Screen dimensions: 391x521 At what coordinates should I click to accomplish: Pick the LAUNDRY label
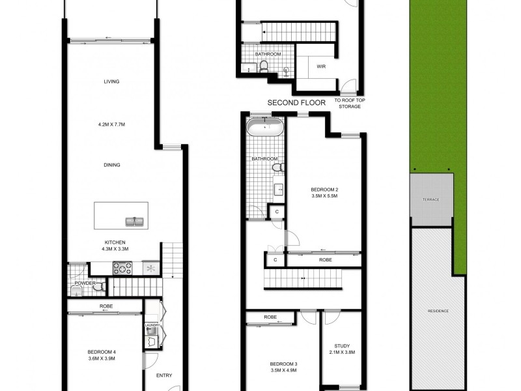point(152,324)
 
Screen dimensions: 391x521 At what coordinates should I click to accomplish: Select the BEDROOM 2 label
point(324,190)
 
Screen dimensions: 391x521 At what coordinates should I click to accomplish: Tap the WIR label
point(321,66)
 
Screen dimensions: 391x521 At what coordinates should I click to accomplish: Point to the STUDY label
point(342,346)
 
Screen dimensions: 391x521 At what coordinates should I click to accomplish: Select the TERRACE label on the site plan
point(430,199)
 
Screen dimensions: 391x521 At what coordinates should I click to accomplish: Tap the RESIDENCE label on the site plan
point(438,311)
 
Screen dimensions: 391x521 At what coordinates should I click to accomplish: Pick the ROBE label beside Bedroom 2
point(325,259)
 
